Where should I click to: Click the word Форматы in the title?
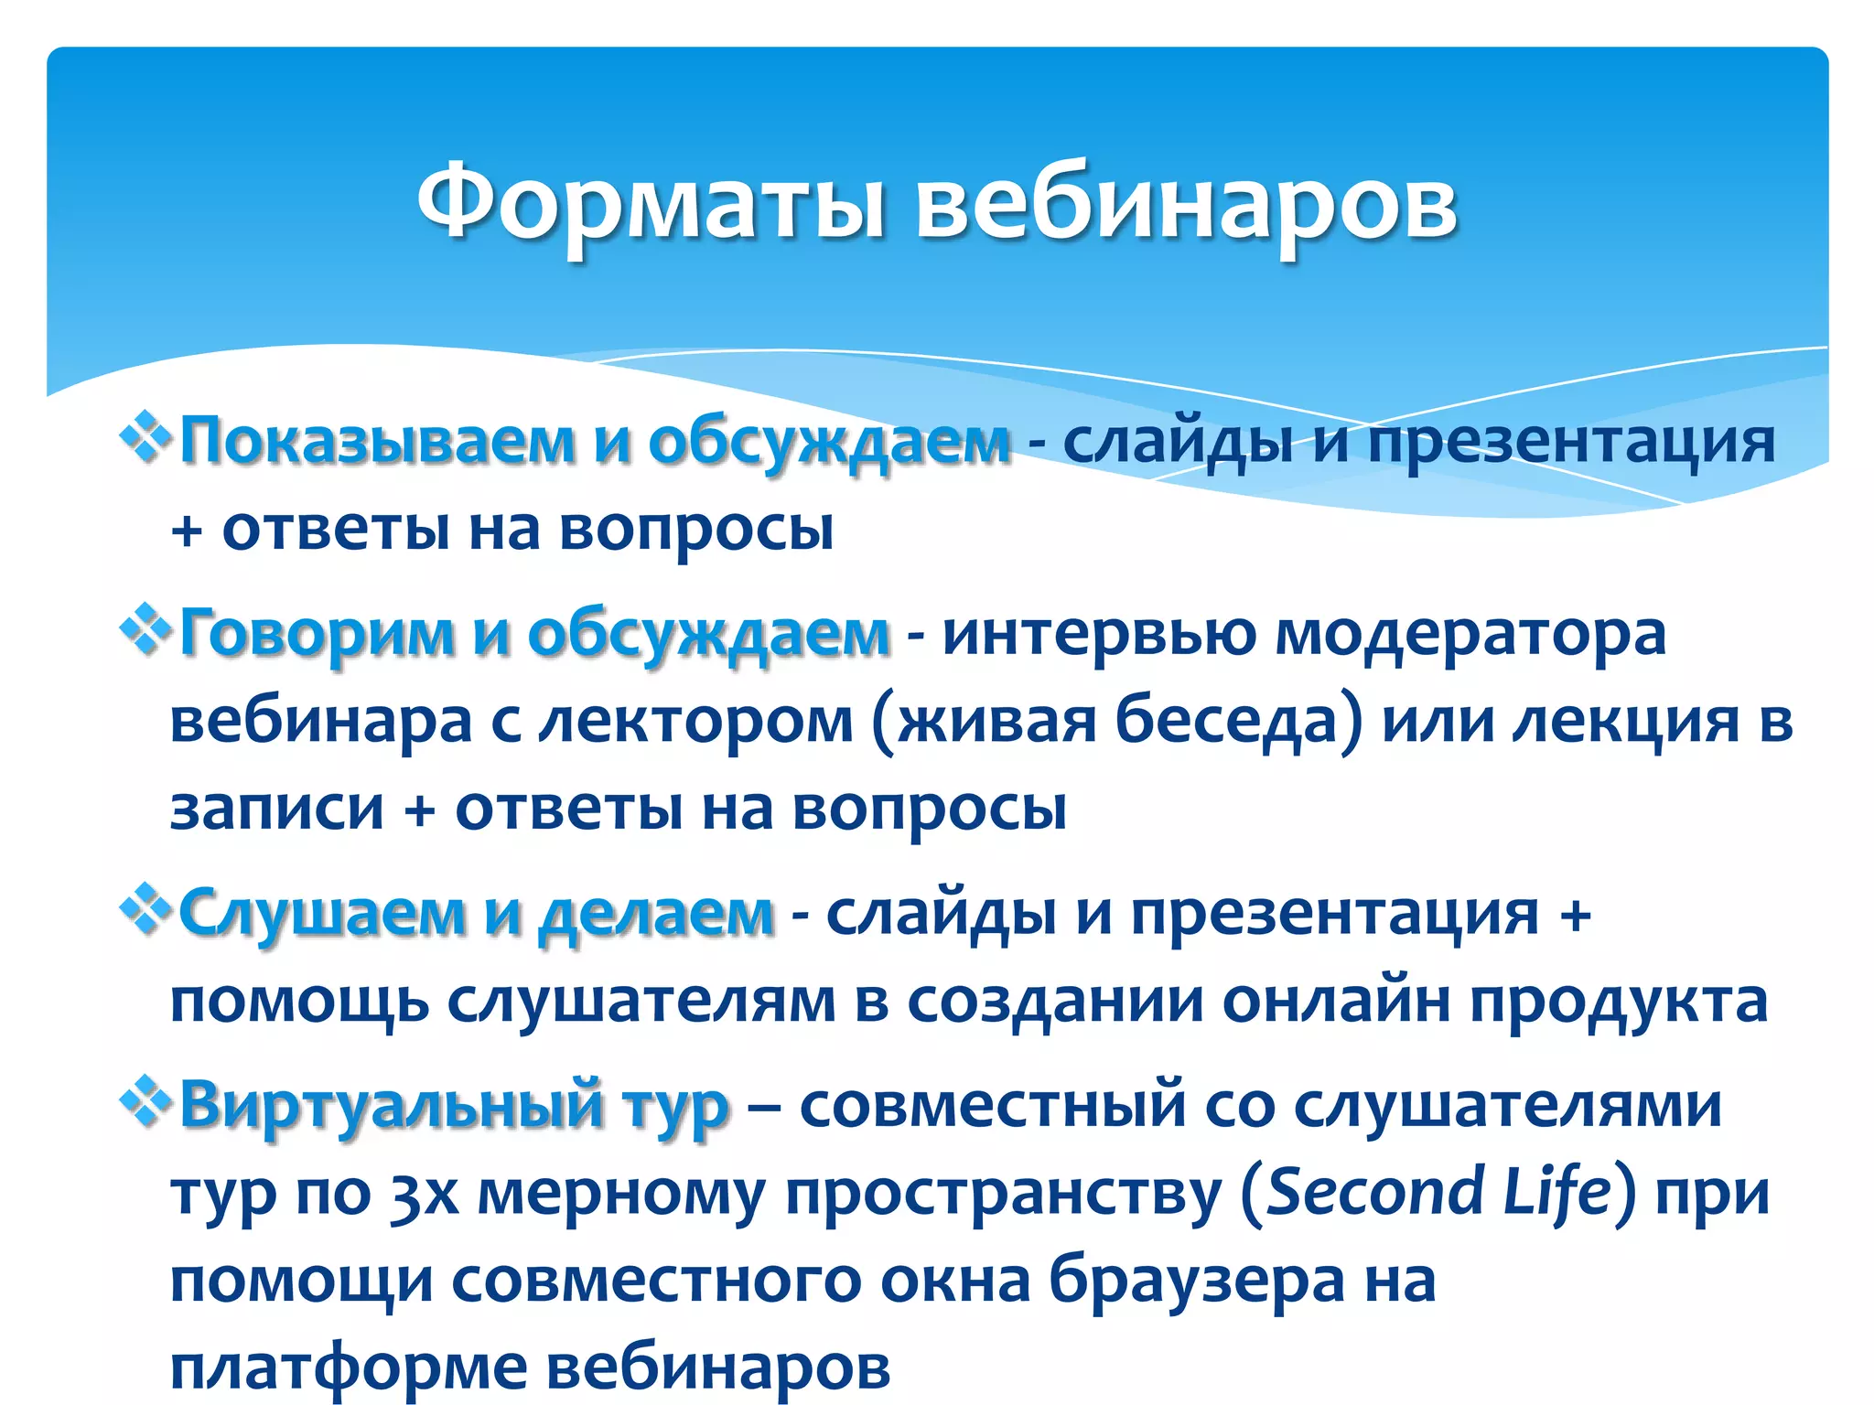650,203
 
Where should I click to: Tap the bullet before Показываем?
146,438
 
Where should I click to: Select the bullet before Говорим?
146,630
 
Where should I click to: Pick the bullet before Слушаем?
146,910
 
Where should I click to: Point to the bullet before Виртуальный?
146,1102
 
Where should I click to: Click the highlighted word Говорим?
316,633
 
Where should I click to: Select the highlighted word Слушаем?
322,913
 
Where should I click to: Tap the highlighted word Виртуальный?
392,1105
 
